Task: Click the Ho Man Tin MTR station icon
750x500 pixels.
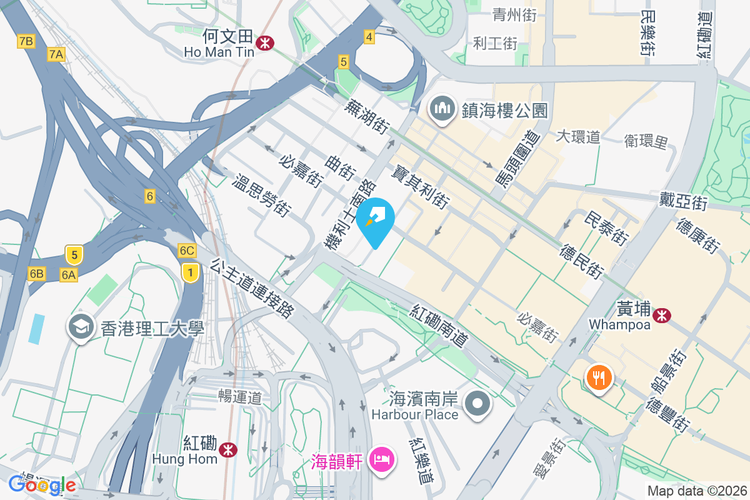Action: (x=266, y=42)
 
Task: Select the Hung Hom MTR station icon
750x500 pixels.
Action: (x=229, y=449)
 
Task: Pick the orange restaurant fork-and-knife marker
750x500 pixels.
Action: (x=599, y=377)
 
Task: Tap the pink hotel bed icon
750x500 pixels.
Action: (x=382, y=461)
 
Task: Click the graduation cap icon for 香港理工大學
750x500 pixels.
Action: (x=81, y=327)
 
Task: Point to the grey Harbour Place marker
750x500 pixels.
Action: (x=478, y=403)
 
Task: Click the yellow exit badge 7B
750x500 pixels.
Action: (x=26, y=42)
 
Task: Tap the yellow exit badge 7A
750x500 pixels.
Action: (x=56, y=55)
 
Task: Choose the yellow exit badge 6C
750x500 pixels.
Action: (x=187, y=251)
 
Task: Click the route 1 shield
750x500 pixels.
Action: (x=191, y=272)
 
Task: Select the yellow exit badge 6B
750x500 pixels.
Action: (x=36, y=274)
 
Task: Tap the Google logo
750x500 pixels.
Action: (x=42, y=484)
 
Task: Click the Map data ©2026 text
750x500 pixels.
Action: (x=696, y=491)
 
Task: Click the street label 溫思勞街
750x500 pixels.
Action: (x=261, y=196)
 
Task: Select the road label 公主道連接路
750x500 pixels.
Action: (x=252, y=288)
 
